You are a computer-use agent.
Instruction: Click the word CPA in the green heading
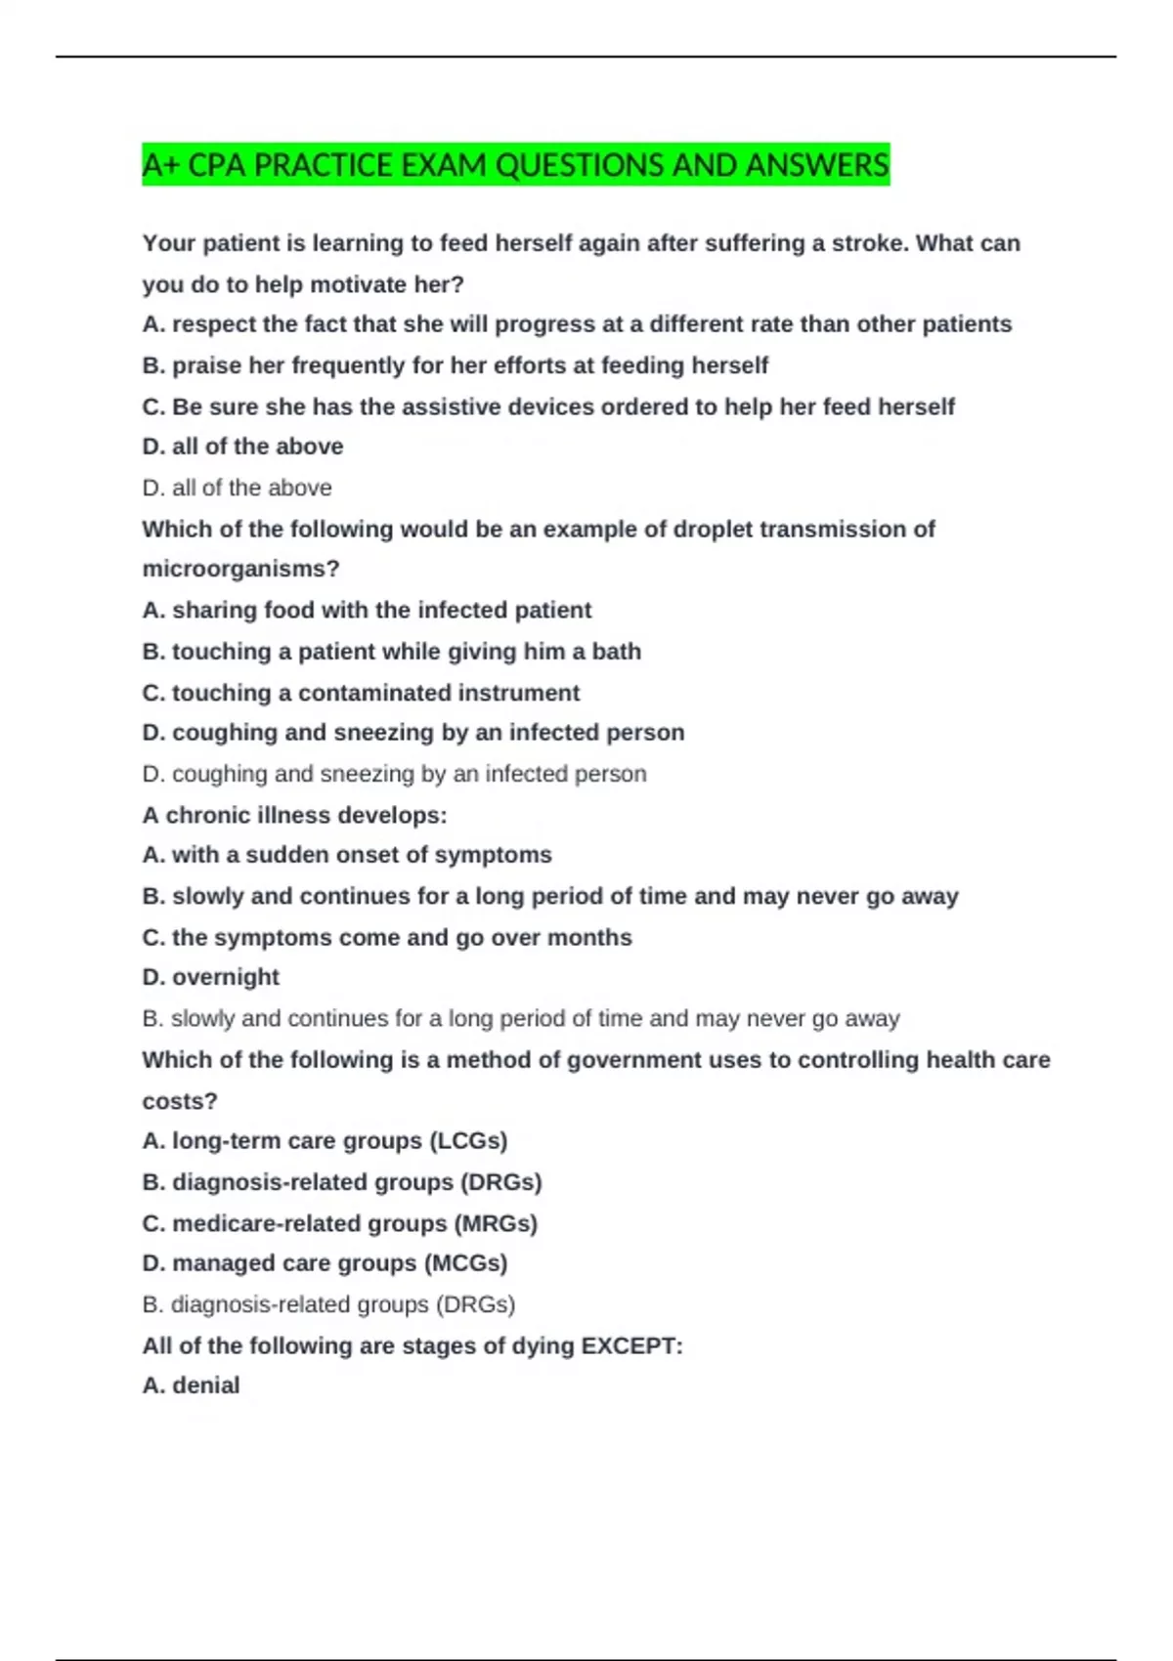218,165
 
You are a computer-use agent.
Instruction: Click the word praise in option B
206,365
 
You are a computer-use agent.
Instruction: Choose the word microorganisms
239,569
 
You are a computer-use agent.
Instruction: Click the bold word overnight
226,977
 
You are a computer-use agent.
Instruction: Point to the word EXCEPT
630,1345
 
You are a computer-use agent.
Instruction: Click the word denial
206,1385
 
